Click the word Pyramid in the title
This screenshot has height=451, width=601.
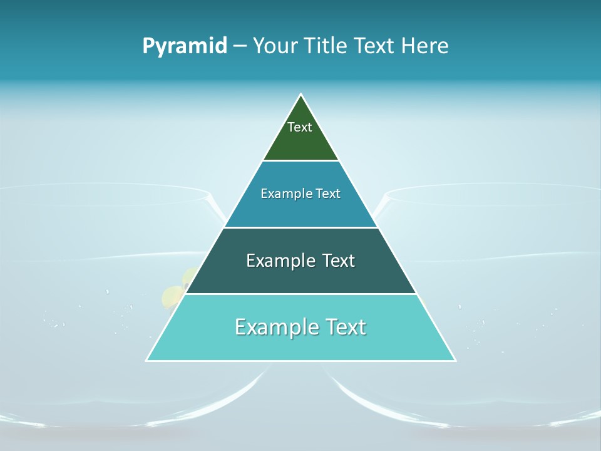click(185, 46)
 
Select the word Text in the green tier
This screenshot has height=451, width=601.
click(300, 127)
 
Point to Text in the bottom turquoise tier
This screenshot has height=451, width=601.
click(345, 327)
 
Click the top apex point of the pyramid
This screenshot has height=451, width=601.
click(301, 95)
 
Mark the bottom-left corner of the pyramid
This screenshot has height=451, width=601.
click(147, 360)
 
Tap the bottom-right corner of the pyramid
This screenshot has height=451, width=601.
click(455, 360)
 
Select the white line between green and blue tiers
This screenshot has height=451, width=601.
click(301, 161)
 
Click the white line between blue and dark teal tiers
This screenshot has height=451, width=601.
click(301, 227)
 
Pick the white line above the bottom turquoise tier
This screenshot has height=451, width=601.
click(301, 294)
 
